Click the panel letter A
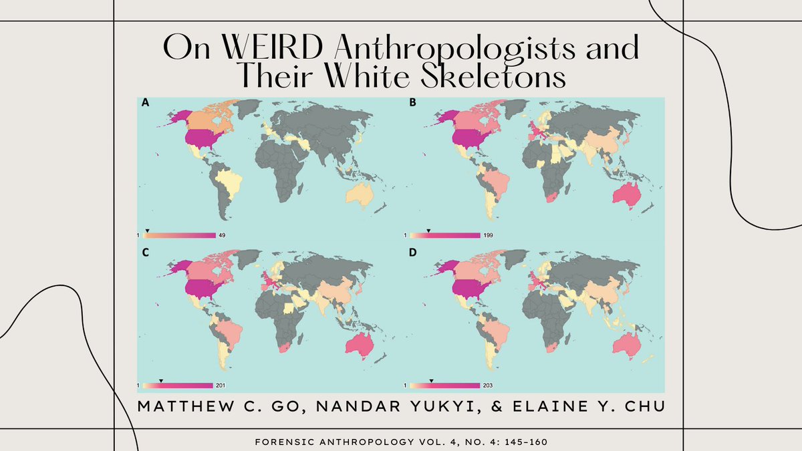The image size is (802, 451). tap(144, 104)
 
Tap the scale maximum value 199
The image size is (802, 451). tap(489, 235)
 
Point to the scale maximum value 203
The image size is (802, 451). tap(489, 386)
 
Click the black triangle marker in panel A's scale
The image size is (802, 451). tap(148, 231)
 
